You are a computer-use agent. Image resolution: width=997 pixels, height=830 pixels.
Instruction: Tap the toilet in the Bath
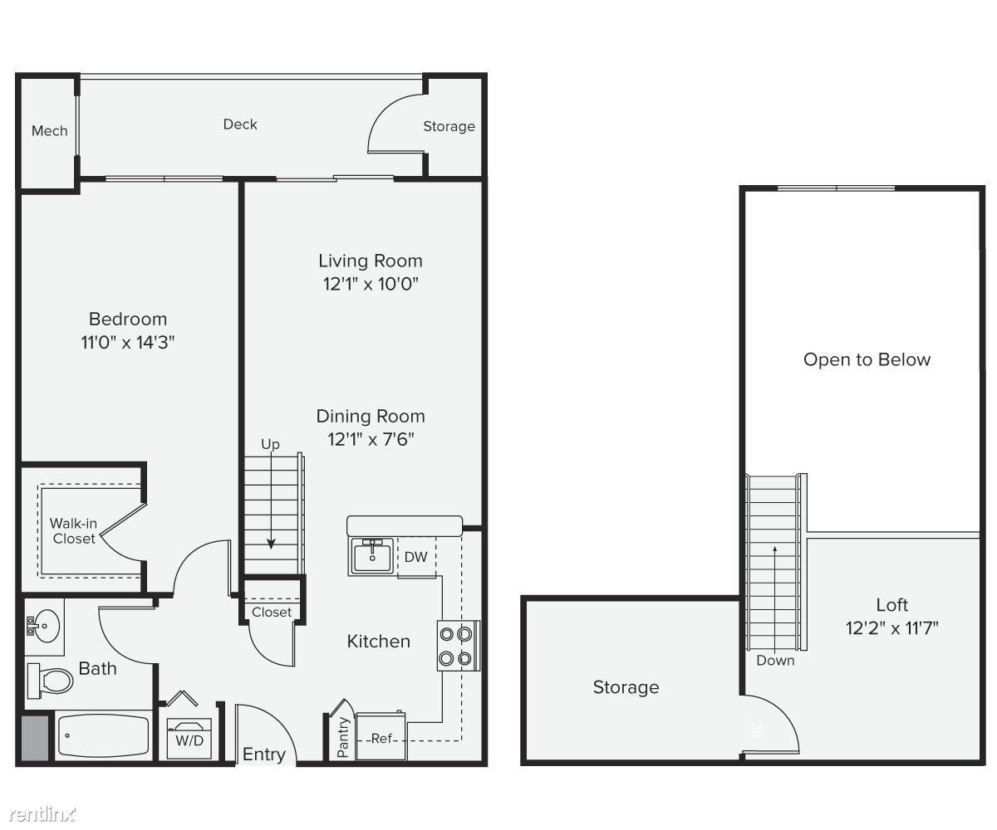click(x=50, y=681)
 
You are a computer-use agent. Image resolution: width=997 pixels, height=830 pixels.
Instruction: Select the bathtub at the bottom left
click(x=103, y=735)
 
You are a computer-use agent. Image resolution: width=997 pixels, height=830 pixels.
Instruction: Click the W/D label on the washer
click(x=189, y=741)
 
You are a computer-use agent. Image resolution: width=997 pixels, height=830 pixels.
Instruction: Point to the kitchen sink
click(x=372, y=556)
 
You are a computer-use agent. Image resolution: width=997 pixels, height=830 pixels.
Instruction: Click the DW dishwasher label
click(x=415, y=557)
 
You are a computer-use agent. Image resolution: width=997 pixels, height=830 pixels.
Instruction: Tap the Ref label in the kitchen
click(x=381, y=739)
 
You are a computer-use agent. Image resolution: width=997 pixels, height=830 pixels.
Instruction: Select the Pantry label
click(x=343, y=737)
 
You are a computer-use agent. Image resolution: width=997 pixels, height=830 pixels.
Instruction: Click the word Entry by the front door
click(x=264, y=754)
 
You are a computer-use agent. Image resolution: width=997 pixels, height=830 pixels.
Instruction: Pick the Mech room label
click(x=50, y=130)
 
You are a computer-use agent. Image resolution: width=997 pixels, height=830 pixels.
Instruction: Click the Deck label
click(x=240, y=124)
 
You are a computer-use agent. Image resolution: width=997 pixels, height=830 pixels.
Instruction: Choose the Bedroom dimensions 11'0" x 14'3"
click(x=127, y=343)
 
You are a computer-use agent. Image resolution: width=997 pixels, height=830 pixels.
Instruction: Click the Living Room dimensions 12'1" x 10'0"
click(x=371, y=285)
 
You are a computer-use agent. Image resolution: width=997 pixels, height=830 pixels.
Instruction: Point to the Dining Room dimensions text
click(x=371, y=439)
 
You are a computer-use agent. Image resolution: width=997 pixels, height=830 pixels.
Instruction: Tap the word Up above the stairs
click(x=270, y=445)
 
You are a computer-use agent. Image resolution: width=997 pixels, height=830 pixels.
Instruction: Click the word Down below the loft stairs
click(x=775, y=661)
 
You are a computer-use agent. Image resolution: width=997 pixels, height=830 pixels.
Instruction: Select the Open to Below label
click(x=867, y=359)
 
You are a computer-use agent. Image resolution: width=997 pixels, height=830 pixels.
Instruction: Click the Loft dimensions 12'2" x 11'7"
click(x=892, y=628)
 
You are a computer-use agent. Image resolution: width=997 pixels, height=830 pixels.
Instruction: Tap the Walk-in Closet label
click(x=74, y=531)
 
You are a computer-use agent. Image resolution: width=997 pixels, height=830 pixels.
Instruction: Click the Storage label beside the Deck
click(x=449, y=126)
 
